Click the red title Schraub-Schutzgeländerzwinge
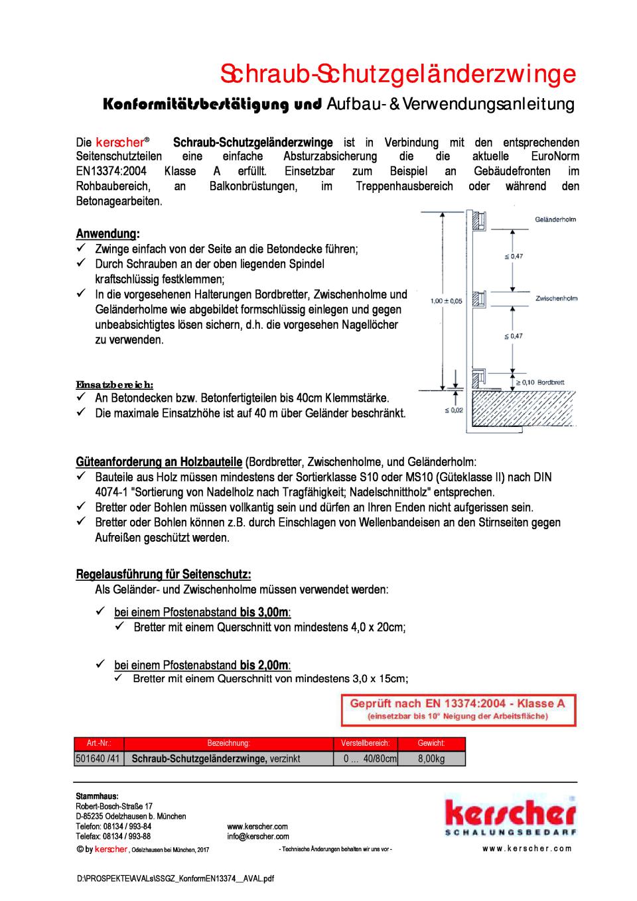[397, 74]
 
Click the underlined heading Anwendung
[107, 234]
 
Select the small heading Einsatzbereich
[115, 385]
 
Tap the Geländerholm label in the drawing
[555, 219]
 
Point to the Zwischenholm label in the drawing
[556, 298]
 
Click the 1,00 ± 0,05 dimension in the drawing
[446, 301]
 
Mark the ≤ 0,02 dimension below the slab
[453, 410]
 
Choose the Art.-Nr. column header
[98, 743]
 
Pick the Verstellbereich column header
[365, 743]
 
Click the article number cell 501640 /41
[98, 758]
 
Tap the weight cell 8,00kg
[431, 758]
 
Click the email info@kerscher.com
[258, 837]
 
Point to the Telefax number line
[113, 837]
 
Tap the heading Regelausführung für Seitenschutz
[163, 573]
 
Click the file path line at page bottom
[175, 878]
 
